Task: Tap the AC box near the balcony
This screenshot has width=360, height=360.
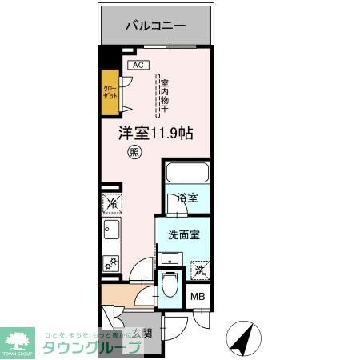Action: click(137, 65)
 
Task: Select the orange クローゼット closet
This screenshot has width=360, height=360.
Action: click(109, 90)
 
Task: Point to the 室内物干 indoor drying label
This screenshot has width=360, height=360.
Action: click(163, 94)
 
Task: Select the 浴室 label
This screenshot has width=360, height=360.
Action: click(188, 198)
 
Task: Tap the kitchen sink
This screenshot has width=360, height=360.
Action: click(111, 234)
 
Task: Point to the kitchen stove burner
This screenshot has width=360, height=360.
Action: click(111, 262)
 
